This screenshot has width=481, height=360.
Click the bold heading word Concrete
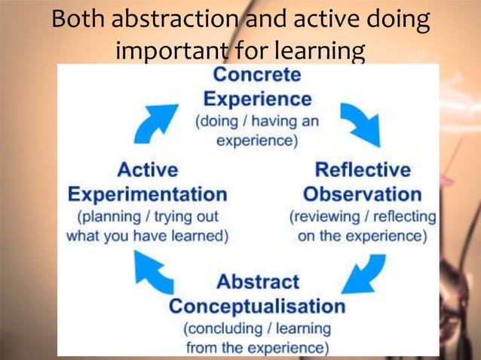(x=257, y=75)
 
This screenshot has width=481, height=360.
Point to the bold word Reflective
(x=363, y=169)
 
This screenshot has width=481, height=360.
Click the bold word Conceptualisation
(x=257, y=307)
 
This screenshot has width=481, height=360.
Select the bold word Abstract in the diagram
(x=258, y=282)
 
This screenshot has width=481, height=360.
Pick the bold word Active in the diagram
(x=147, y=169)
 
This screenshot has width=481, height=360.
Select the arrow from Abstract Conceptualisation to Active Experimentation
(x=154, y=272)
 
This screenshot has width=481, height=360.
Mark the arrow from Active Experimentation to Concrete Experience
(x=156, y=123)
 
